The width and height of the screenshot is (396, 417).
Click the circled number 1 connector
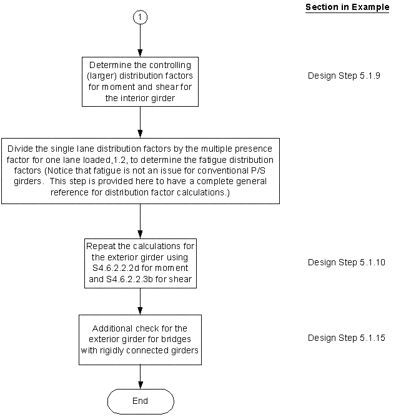pyautogui.click(x=140, y=18)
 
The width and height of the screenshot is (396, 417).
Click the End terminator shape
pyautogui.click(x=140, y=401)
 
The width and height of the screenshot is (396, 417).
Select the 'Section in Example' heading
pyautogui.click(x=347, y=7)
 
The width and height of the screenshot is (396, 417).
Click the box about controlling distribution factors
pyautogui.click(x=140, y=81)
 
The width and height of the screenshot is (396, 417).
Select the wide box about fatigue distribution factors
pyautogui.click(x=140, y=170)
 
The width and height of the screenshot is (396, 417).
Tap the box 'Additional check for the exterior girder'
pyautogui.click(x=140, y=339)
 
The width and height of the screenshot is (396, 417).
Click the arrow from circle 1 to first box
pyautogui.click(x=140, y=41)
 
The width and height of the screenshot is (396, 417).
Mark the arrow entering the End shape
pyautogui.click(x=140, y=376)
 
